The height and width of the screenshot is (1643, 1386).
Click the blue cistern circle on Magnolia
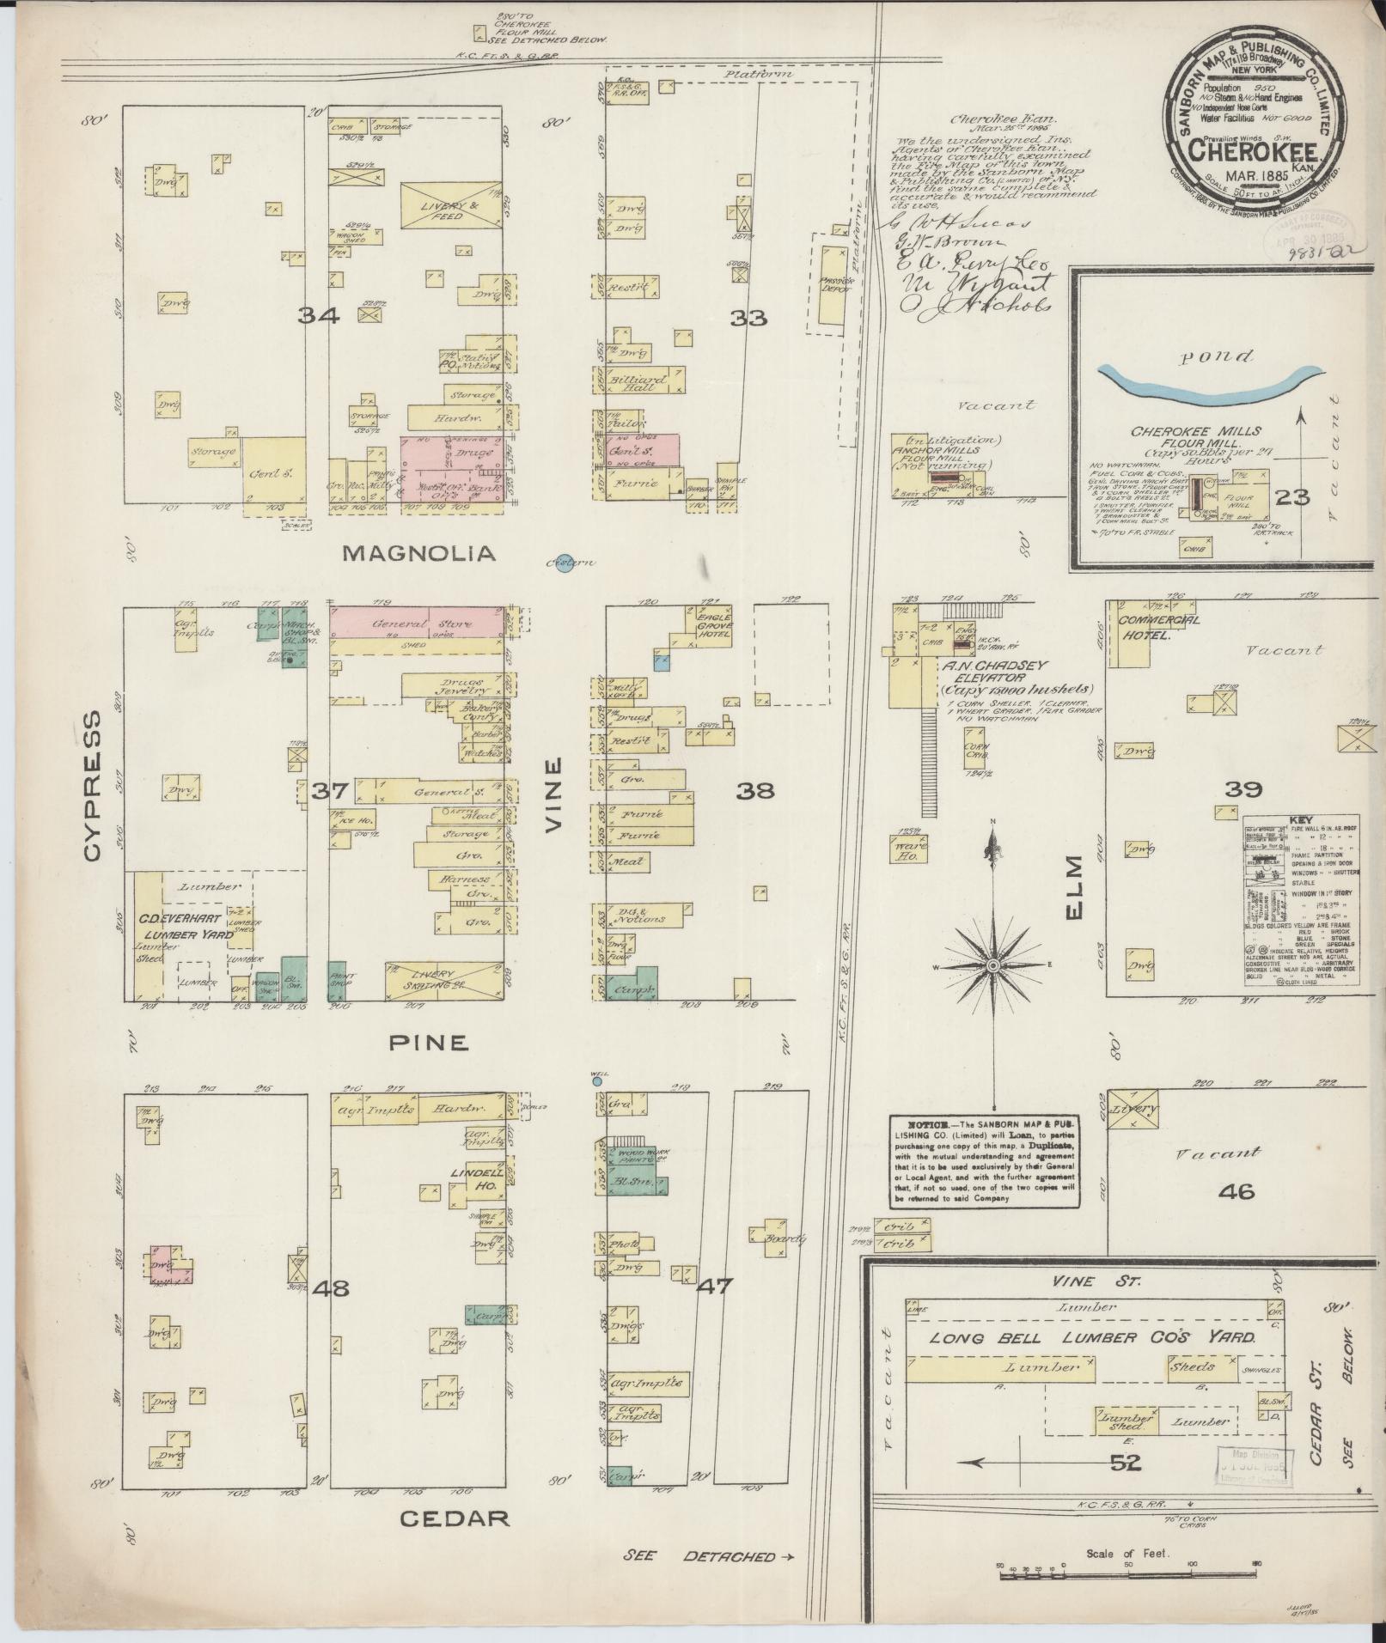[564, 564]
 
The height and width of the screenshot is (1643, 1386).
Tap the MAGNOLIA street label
[418, 554]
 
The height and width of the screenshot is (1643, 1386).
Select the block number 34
[318, 317]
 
